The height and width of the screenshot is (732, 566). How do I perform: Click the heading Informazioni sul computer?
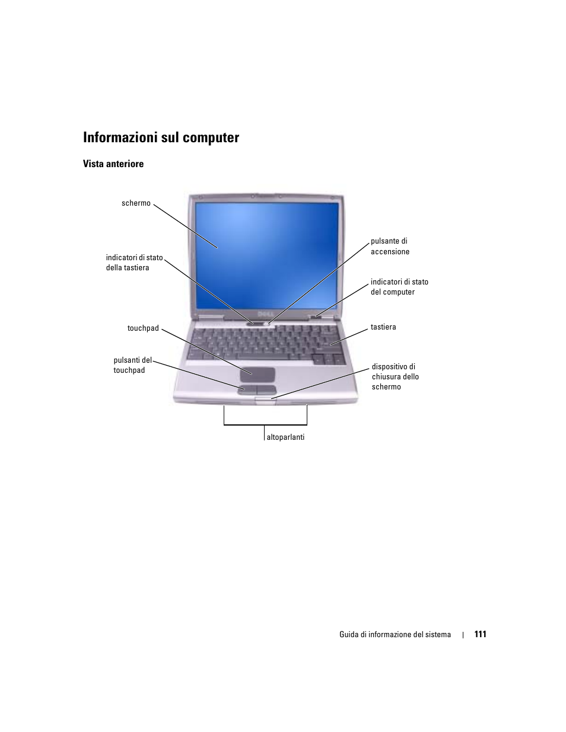pos(161,138)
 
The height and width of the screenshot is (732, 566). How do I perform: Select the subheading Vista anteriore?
pos(113,164)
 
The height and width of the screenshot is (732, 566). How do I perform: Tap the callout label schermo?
pos(136,203)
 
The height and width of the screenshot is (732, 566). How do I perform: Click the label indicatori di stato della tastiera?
pos(134,263)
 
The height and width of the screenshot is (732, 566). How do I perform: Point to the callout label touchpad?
pos(143,328)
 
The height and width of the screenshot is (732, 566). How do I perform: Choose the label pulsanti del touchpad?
pos(132,365)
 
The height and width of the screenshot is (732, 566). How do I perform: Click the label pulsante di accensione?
pos(390,247)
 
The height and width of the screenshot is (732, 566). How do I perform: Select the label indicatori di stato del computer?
pos(399,287)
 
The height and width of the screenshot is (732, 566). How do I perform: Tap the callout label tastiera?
pos(383,327)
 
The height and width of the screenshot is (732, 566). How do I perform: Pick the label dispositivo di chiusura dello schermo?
pos(395,377)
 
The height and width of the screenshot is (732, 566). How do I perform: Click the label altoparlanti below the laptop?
pos(285,437)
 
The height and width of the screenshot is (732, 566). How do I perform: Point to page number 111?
pos(480,634)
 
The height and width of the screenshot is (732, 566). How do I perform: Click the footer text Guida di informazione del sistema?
pos(395,635)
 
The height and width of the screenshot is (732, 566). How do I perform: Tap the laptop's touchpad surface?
pos(257,374)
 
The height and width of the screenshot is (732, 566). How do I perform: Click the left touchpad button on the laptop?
pos(248,389)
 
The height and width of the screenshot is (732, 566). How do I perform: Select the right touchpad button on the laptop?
pos(267,389)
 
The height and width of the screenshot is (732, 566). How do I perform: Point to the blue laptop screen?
pos(267,255)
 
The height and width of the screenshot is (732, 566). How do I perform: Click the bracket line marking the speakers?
pos(265,424)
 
